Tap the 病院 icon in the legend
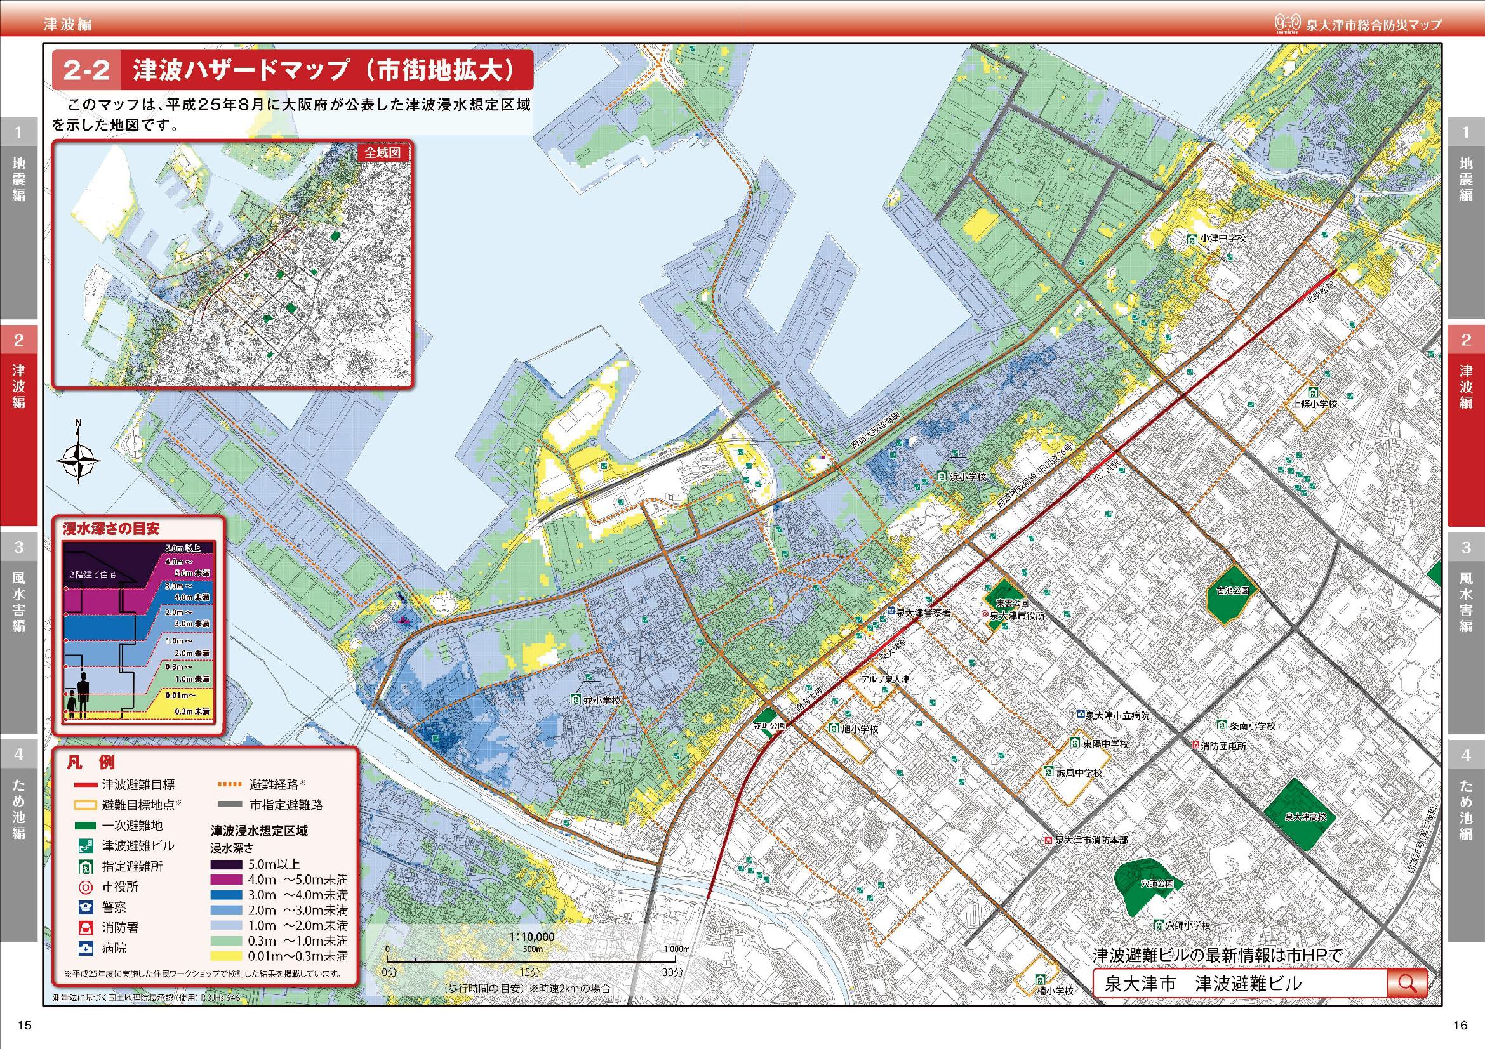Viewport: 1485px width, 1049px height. pos(85,948)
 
